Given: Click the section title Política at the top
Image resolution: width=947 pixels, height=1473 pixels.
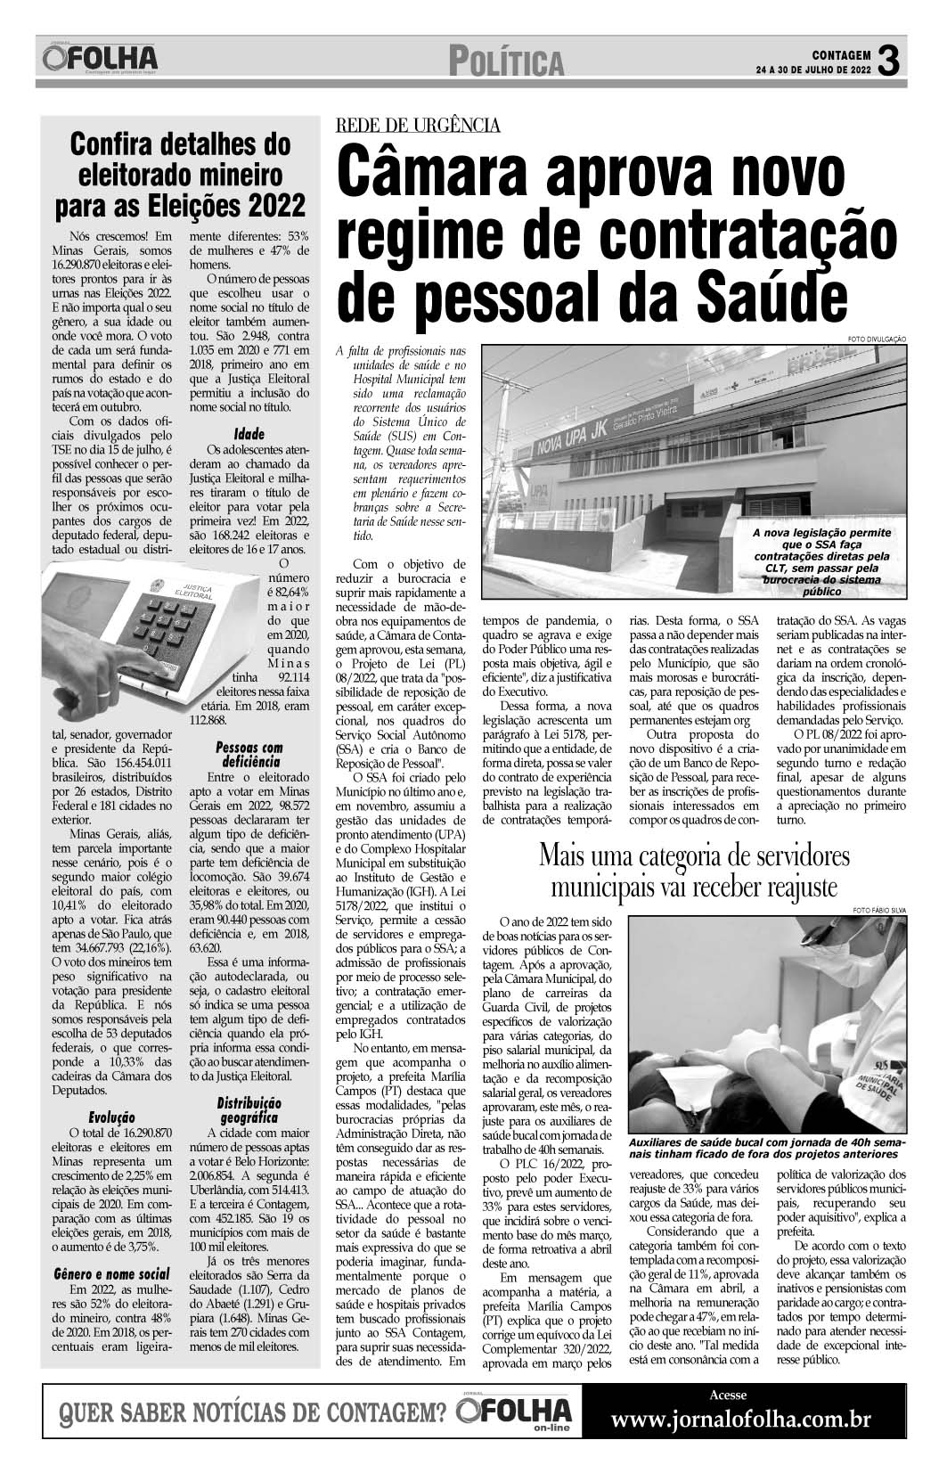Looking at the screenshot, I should tap(507, 63).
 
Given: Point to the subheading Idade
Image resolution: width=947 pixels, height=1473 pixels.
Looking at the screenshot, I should tap(249, 434).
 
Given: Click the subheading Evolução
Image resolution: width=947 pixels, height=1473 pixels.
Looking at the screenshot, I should tap(111, 1116).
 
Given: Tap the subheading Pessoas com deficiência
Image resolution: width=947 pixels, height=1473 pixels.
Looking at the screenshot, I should tap(249, 755).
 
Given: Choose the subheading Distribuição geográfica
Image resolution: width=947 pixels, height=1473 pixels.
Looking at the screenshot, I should tap(249, 1110).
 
